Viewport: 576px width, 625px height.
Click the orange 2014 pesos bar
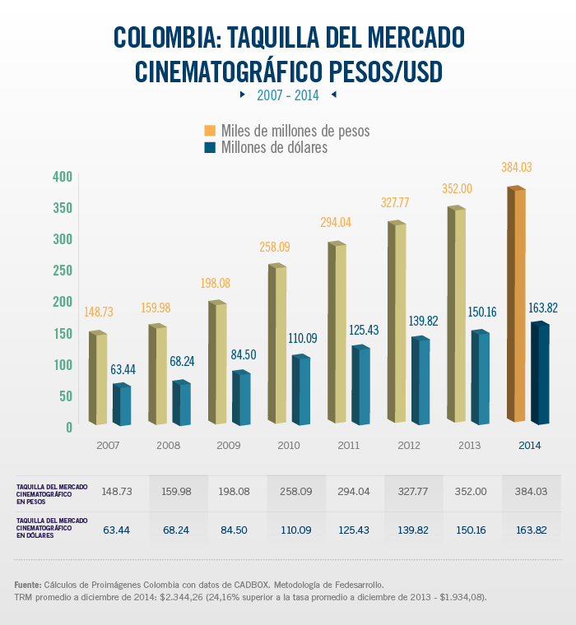click(x=516, y=304)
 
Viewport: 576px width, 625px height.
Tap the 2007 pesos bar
click(x=98, y=378)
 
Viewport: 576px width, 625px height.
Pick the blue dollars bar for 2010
click(x=301, y=391)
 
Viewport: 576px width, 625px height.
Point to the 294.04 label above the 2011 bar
click(x=338, y=222)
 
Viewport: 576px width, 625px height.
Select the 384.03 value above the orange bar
click(x=517, y=167)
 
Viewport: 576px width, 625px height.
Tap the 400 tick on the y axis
click(x=63, y=177)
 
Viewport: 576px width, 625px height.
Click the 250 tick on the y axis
click(x=63, y=271)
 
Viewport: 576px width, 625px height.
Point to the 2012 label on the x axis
click(x=409, y=445)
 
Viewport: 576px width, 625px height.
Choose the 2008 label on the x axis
click(x=168, y=445)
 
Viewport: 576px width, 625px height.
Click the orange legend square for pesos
click(x=210, y=131)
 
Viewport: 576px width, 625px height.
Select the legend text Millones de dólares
click(x=274, y=148)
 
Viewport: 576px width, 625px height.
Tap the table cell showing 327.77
click(x=412, y=491)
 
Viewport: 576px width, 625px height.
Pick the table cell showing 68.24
click(x=177, y=530)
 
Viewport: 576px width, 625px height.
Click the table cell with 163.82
click(x=530, y=530)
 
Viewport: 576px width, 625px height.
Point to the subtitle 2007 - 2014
click(x=287, y=95)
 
